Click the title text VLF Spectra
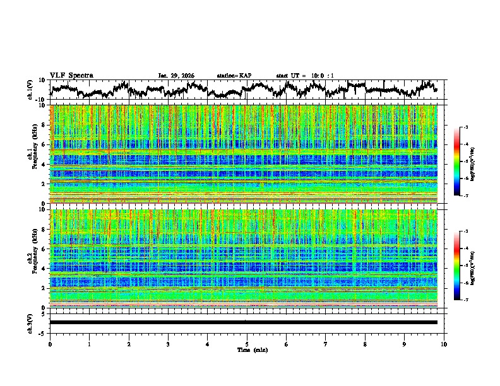click(71, 75)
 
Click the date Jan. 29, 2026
click(176, 76)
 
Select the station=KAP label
click(234, 76)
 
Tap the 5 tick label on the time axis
click(247, 344)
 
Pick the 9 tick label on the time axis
click(405, 344)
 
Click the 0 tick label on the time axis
click(50, 344)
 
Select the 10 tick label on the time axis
click(444, 344)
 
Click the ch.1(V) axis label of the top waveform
click(30, 89)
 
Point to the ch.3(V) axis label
click(30, 322)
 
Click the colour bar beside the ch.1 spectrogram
click(458, 161)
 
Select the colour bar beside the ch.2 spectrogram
click(458, 266)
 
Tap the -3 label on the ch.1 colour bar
click(465, 127)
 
